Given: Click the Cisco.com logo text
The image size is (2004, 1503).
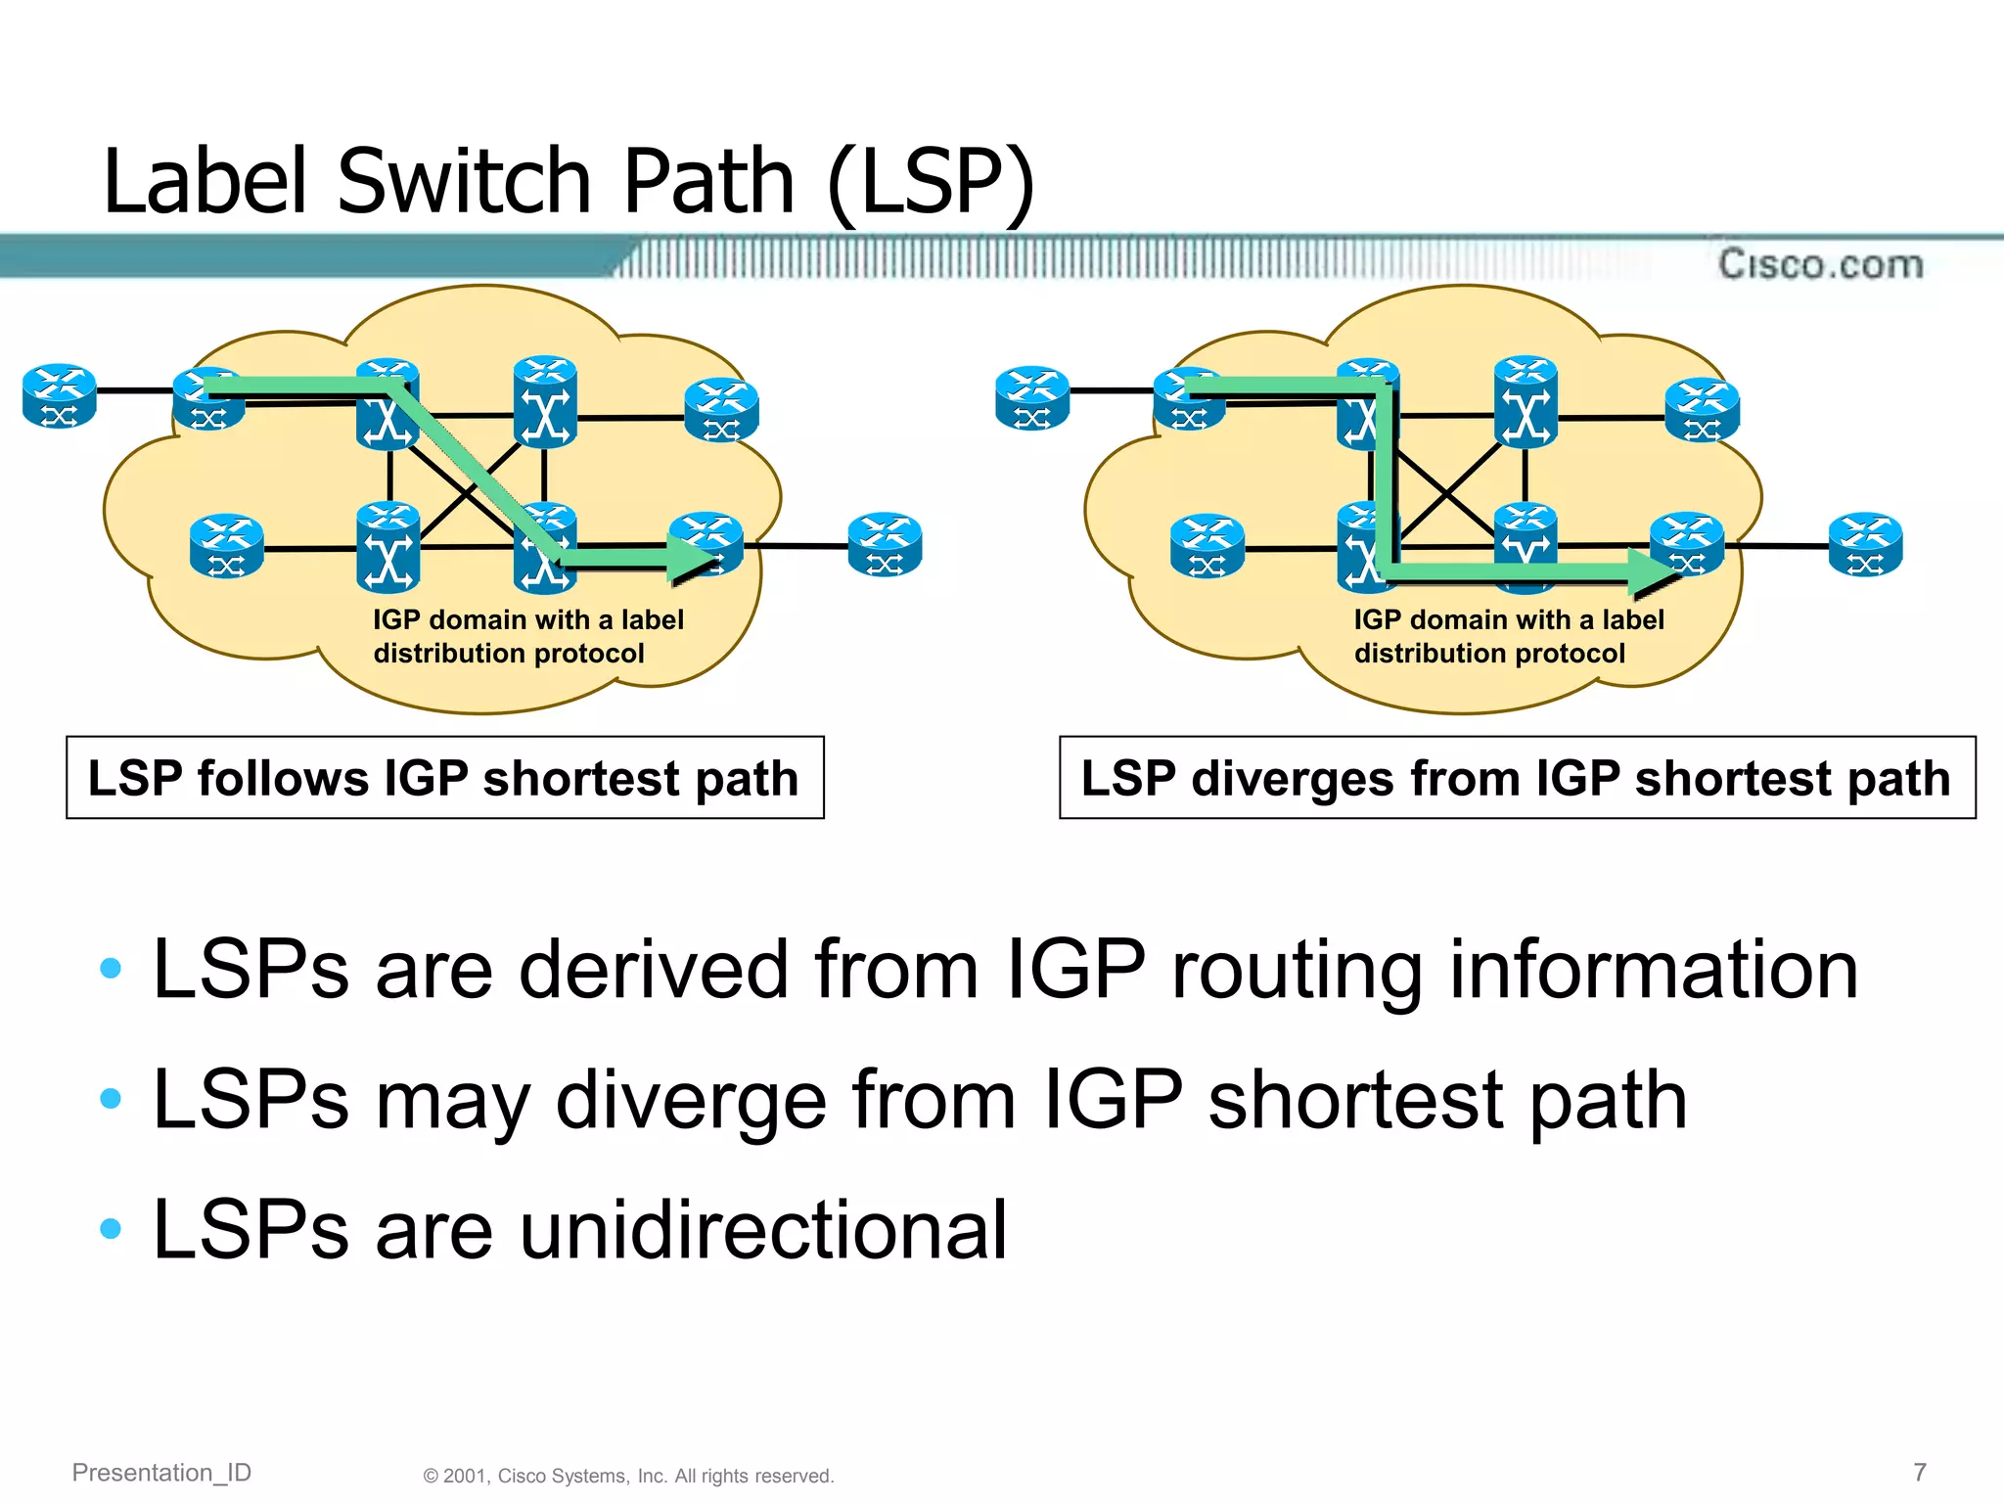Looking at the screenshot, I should click(1820, 264).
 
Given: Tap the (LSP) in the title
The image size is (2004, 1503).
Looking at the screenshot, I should click(930, 183).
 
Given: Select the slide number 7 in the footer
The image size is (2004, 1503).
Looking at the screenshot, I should click(1920, 1472).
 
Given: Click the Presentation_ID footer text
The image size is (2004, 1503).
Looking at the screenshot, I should click(161, 1472).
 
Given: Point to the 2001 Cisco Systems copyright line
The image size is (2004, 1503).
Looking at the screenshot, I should click(628, 1476).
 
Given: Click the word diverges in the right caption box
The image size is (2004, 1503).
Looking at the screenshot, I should click(1292, 779).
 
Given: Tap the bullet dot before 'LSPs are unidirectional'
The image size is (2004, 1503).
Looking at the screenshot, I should click(111, 1228).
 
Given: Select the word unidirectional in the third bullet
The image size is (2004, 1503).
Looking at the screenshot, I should click(763, 1230).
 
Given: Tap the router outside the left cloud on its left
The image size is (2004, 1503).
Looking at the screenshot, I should click(60, 395).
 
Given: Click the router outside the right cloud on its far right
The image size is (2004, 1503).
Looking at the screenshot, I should click(1865, 544).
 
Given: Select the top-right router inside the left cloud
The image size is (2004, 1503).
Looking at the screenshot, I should click(721, 409).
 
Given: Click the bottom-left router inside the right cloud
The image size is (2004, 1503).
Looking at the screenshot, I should click(1207, 545).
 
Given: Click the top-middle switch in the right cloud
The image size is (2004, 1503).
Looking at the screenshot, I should click(1526, 401).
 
